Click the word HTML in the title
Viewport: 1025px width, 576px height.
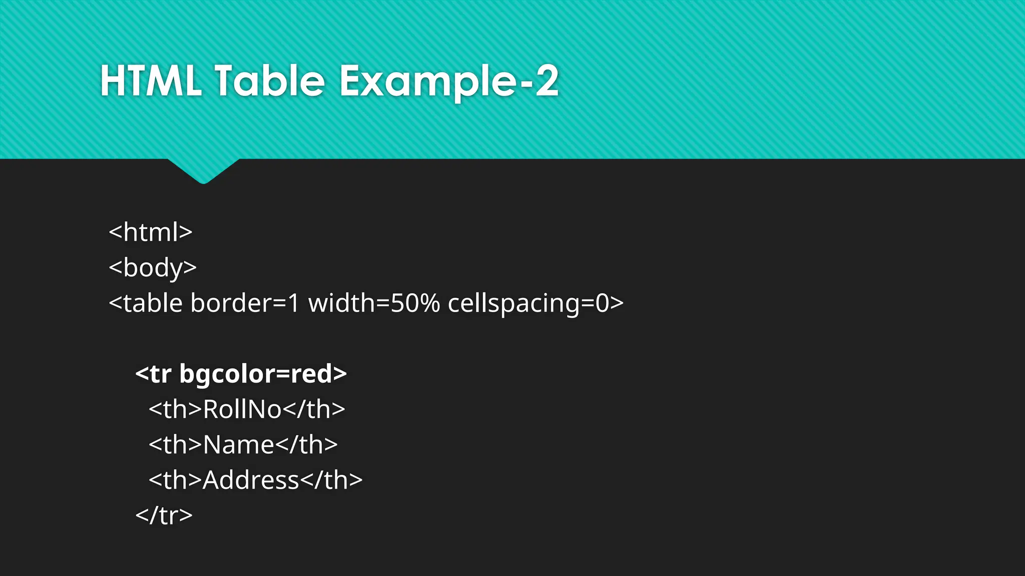(151, 81)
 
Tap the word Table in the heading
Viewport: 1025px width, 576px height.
(270, 81)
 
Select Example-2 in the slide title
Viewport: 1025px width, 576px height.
(448, 81)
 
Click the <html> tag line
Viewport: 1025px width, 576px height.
(151, 232)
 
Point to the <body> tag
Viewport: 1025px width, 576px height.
(153, 267)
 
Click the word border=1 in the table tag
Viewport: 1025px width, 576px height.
(245, 303)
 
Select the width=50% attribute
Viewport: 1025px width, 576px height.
(374, 303)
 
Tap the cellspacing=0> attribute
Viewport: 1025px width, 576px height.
(536, 303)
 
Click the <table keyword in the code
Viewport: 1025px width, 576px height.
(146, 303)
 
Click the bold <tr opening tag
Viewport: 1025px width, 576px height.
(153, 374)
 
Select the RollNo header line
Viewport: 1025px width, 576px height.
(247, 409)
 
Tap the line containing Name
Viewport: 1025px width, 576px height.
(243, 444)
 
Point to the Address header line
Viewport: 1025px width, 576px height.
(255, 480)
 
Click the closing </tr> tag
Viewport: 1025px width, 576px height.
(164, 515)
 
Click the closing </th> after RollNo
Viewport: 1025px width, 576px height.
(314, 409)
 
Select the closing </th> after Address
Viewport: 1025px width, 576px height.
(331, 480)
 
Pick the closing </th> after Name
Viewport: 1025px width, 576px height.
(306, 444)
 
